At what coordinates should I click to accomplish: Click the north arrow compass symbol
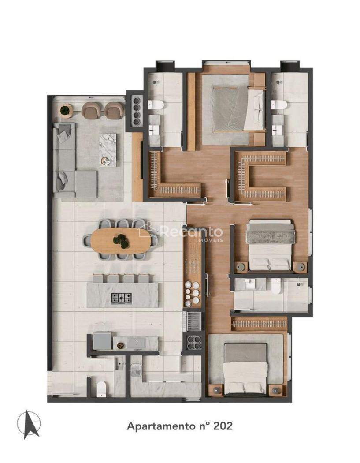click(29, 424)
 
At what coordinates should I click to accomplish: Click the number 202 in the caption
click(223, 426)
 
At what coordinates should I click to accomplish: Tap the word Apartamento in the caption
click(161, 426)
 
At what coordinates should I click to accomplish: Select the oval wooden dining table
click(121, 240)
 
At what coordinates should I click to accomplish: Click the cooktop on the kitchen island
click(121, 298)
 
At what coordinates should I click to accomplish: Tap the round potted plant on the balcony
click(66, 111)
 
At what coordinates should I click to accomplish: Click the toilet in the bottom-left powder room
click(101, 389)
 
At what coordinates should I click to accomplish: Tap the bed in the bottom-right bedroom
click(245, 368)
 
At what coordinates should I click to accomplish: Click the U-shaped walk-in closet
click(262, 176)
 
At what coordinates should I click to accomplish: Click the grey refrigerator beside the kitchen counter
click(102, 340)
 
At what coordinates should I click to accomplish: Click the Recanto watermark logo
click(180, 232)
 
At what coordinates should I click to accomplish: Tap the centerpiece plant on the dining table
click(121, 241)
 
